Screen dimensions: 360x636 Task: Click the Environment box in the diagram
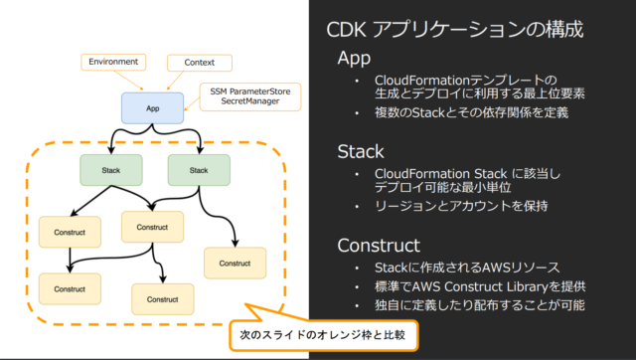[114, 62]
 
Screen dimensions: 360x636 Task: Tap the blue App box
[154, 106]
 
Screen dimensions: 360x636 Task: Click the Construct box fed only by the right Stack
[236, 264]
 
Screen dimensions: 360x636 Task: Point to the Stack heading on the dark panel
[362, 151]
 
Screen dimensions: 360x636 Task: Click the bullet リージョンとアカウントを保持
[456, 206]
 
